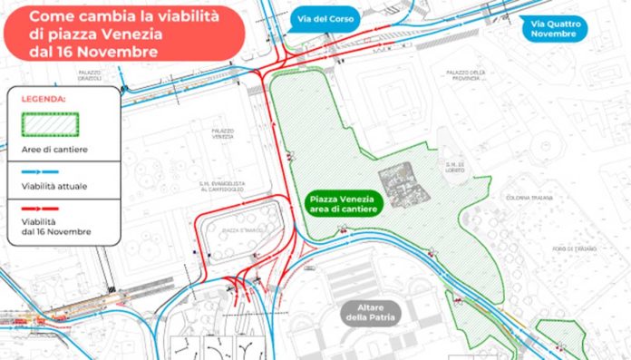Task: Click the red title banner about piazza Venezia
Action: click(x=123, y=34)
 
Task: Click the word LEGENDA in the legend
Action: click(x=47, y=98)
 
